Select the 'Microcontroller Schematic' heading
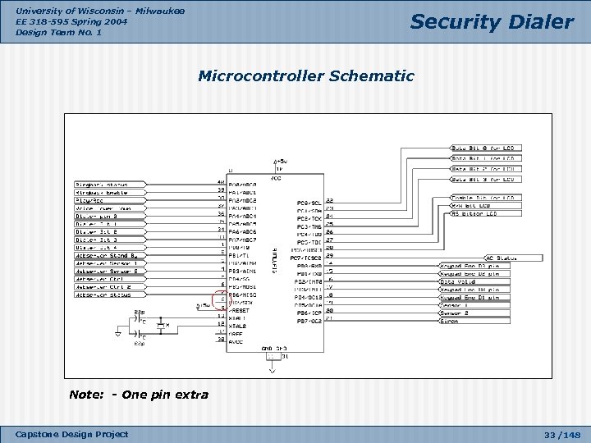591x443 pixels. click(306, 76)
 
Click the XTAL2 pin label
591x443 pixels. click(239, 327)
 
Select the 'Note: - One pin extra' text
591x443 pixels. click(139, 395)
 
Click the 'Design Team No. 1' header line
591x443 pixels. click(54, 32)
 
